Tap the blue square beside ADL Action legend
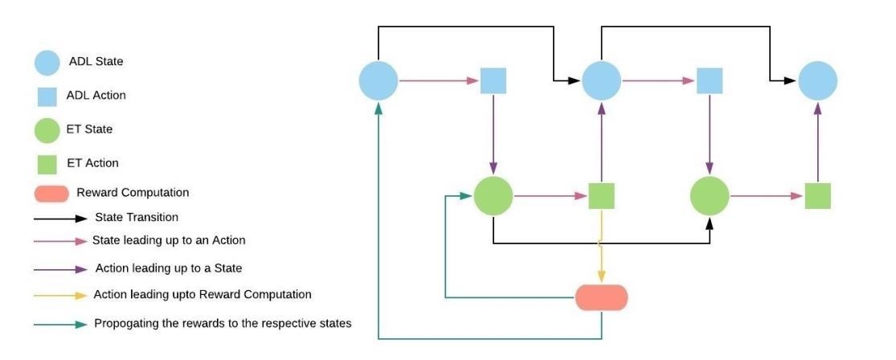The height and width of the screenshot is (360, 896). click(47, 96)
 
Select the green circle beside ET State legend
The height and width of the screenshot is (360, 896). click(47, 130)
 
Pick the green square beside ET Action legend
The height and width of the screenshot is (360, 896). click(47, 164)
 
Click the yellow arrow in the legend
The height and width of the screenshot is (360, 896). click(59, 295)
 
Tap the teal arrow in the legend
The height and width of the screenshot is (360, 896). click(59, 325)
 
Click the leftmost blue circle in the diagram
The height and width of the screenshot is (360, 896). click(378, 80)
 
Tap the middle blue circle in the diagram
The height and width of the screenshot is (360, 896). click(601, 80)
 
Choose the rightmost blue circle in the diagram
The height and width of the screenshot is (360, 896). click(818, 80)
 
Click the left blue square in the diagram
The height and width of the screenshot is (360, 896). click(493, 80)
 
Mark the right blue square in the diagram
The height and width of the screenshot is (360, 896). click(710, 80)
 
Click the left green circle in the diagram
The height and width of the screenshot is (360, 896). click(493, 195)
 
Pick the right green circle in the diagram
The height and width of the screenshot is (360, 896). click(710, 195)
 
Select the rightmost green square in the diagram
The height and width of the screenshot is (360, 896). click(818, 196)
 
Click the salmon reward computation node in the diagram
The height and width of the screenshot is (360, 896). click(601, 297)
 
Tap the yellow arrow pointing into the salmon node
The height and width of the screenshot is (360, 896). click(601, 257)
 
